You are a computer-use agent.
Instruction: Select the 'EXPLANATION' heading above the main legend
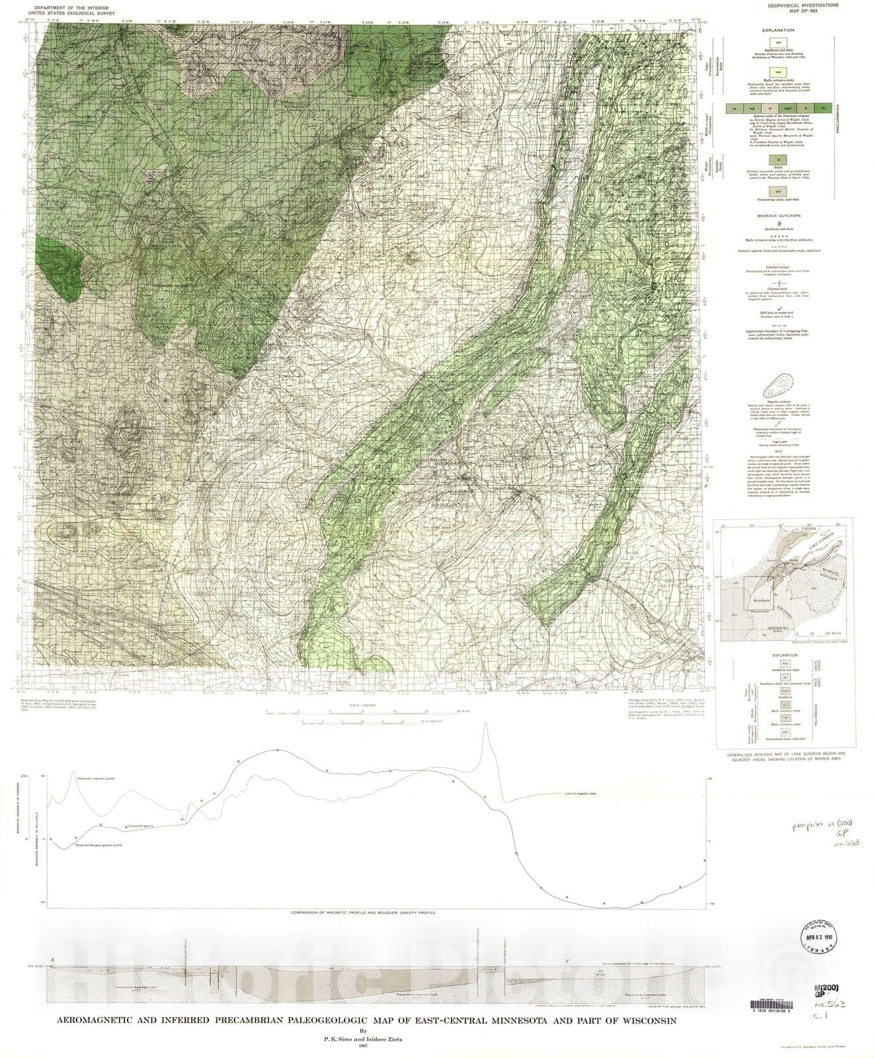[775, 30]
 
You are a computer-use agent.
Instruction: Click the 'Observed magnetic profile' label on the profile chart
[96, 780]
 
